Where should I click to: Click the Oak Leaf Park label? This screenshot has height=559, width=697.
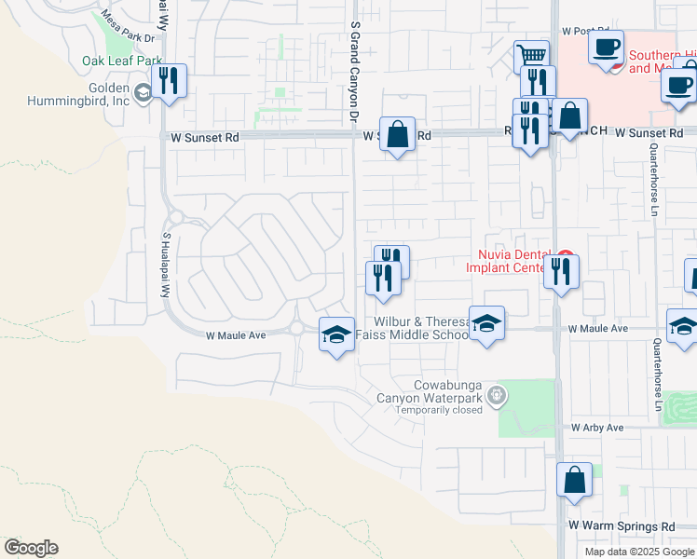(x=122, y=61)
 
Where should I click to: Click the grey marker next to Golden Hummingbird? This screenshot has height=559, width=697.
(x=143, y=92)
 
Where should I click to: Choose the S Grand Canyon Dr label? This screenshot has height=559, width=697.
(x=354, y=75)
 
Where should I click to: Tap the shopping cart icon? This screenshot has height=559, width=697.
(x=531, y=55)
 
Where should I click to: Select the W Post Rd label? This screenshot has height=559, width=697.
(x=584, y=31)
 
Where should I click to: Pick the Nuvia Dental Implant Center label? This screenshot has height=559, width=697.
(x=511, y=261)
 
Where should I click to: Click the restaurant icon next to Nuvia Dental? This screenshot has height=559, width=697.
(x=561, y=271)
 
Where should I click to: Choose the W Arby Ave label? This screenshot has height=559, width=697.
(x=597, y=428)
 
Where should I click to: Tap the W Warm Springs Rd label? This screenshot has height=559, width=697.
(x=622, y=526)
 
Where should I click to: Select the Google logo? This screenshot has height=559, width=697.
(x=31, y=548)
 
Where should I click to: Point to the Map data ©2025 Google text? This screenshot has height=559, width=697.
(x=639, y=552)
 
